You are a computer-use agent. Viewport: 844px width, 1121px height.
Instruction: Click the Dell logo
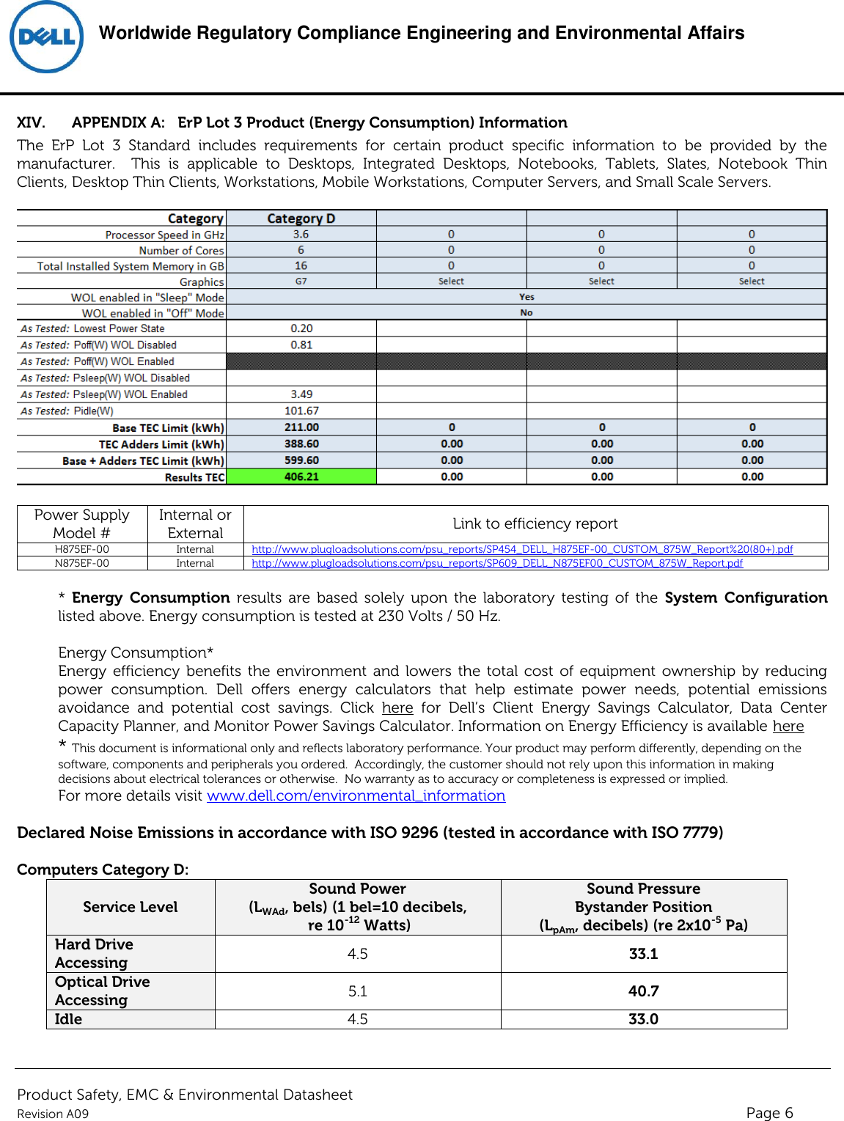[46, 37]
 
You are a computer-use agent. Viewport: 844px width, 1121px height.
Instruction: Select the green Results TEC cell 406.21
[301, 477]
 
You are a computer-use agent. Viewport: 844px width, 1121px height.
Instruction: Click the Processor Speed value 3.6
[301, 235]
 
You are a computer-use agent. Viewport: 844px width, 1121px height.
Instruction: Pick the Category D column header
[301, 218]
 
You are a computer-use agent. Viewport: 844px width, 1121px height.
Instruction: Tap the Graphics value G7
[301, 282]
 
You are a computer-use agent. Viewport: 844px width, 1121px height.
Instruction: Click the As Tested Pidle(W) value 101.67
[301, 411]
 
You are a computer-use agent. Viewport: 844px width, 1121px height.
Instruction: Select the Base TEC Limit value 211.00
[301, 427]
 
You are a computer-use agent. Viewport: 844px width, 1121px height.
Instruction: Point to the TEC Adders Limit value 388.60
[301, 444]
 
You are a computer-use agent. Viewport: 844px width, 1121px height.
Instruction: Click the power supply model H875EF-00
[82, 549]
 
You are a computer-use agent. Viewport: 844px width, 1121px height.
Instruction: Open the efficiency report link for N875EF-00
[496, 563]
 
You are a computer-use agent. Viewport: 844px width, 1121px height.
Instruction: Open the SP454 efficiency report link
[521, 549]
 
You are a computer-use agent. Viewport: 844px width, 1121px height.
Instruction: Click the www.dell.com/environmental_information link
[356, 796]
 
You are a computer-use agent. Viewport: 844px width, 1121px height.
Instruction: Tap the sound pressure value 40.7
[643, 991]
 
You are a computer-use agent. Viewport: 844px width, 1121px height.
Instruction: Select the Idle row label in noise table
[68, 1019]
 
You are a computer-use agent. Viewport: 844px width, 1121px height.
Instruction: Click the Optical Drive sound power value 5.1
[357, 991]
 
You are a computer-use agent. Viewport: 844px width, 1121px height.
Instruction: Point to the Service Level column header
[131, 907]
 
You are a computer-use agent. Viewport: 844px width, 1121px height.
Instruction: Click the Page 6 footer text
[769, 1113]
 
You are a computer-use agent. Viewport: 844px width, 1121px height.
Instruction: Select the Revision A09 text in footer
[53, 1114]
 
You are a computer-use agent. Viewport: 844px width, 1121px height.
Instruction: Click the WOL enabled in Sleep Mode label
[147, 298]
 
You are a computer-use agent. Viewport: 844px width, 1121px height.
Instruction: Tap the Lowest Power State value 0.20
[301, 328]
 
